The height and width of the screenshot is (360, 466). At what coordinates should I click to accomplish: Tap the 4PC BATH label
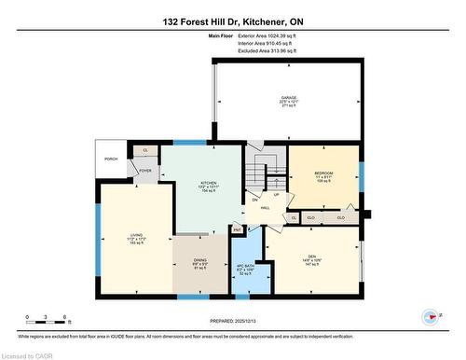tap(246, 267)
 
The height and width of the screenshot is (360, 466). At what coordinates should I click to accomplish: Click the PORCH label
tap(111, 159)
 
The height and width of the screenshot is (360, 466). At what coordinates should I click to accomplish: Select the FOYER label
tap(146, 171)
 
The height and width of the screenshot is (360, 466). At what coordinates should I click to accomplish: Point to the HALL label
tap(266, 208)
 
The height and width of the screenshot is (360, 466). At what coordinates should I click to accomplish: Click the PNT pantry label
tap(237, 228)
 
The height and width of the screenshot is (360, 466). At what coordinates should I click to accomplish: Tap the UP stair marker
tap(276, 195)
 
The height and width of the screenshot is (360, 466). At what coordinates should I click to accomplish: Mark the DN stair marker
tap(254, 201)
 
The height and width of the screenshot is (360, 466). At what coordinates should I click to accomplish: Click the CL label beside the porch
tap(144, 150)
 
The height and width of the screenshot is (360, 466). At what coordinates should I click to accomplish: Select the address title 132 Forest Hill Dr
tap(232, 21)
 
